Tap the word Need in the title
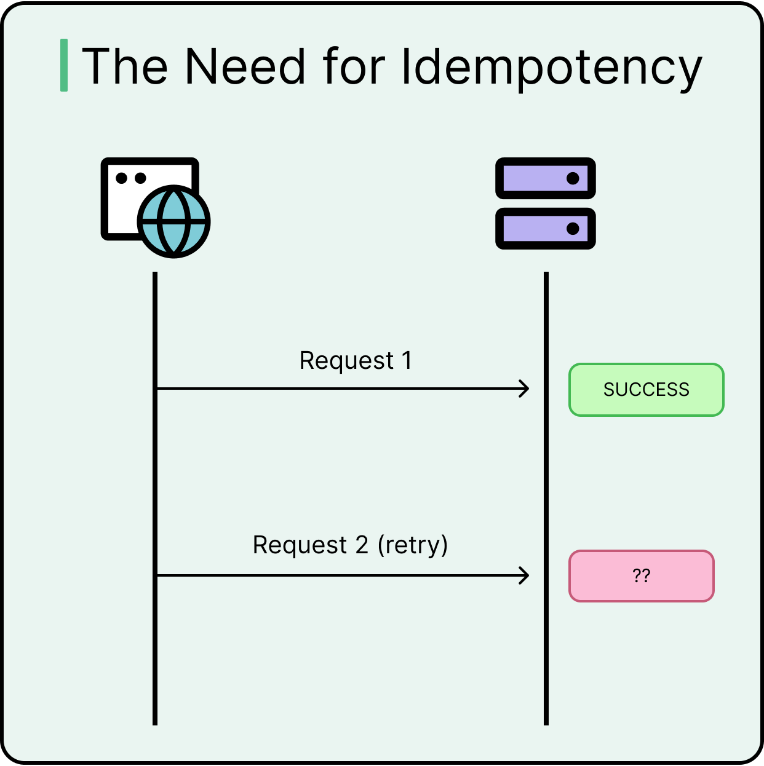pyautogui.click(x=245, y=66)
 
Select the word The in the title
pyautogui.click(x=125, y=66)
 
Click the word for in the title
pyautogui.click(x=354, y=66)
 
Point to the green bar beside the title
pyautogui.click(x=64, y=65)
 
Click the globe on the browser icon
pyautogui.click(x=174, y=221)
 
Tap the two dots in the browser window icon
pyautogui.click(x=130, y=178)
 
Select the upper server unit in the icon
pyautogui.click(x=545, y=178)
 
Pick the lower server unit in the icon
pyautogui.click(x=545, y=229)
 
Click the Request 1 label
pyautogui.click(x=356, y=361)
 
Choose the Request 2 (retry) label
pyautogui.click(x=350, y=545)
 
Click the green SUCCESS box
pyautogui.click(x=646, y=390)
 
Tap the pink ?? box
pyautogui.click(x=641, y=576)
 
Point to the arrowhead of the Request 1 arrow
pyautogui.click(x=525, y=389)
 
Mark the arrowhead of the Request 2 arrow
pyautogui.click(x=525, y=575)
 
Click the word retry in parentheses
pyautogui.click(x=413, y=545)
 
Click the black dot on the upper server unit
pyautogui.click(x=573, y=178)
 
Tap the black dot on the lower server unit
pyautogui.click(x=573, y=229)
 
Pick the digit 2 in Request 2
pyautogui.click(x=362, y=545)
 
